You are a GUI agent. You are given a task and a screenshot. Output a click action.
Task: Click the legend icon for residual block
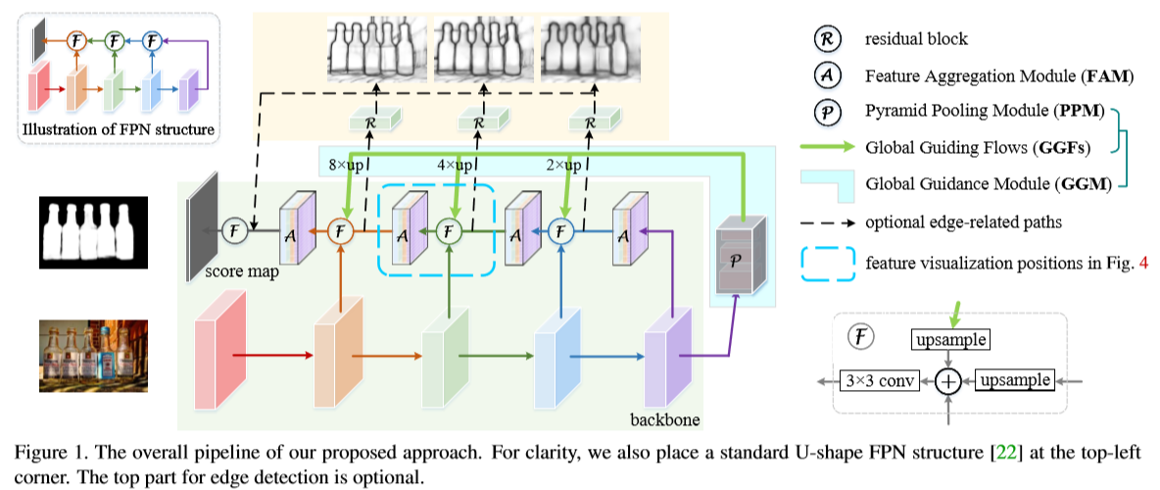822,39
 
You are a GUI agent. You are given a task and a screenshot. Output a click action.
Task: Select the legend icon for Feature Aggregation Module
822,75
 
